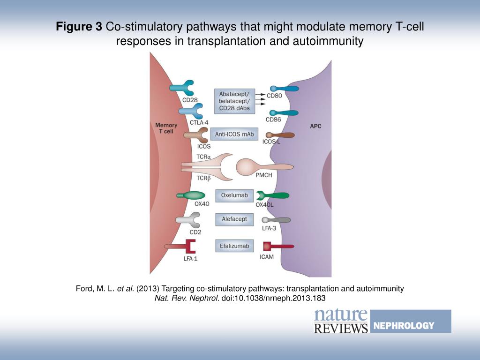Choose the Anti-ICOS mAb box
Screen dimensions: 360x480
coord(234,135)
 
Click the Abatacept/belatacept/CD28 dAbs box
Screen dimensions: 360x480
coord(234,101)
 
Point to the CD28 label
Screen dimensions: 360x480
coord(190,100)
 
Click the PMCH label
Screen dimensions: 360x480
coord(264,175)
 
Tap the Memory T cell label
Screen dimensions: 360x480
coord(166,128)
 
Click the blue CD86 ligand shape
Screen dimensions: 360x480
coord(284,112)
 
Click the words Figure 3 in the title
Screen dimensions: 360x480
coord(79,27)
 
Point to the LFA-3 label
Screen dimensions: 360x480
coord(270,228)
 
